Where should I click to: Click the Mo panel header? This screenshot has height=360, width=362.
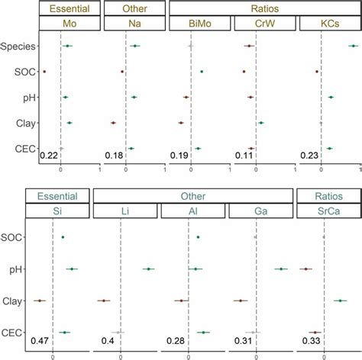point(69,25)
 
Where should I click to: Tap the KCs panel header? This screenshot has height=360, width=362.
point(330,25)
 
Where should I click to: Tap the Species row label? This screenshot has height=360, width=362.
point(18,47)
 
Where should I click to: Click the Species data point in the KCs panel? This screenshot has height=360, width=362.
point(353,47)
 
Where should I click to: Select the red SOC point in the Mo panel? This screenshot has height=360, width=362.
point(44,72)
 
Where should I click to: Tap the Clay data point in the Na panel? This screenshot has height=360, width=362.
point(112,123)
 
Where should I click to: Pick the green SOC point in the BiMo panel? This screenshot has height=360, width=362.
point(202,72)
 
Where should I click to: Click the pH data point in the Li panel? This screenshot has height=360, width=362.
point(148,269)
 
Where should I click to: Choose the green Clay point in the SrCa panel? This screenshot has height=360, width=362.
point(339,301)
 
